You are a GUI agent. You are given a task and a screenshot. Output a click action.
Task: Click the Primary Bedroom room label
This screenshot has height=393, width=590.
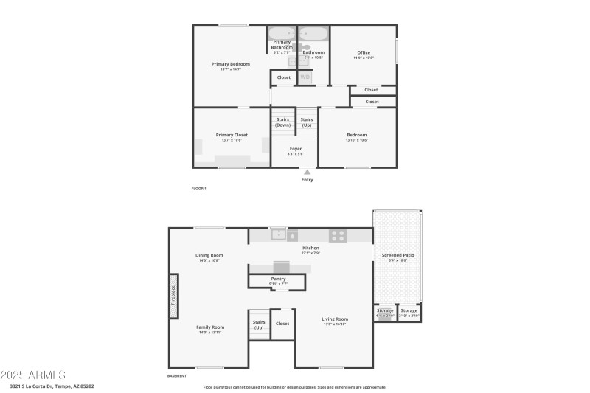pos(230,65)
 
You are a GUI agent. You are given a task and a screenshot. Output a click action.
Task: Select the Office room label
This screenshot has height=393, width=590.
pos(364,53)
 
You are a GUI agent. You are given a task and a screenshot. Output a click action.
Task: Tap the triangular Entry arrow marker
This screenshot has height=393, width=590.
pos(308,173)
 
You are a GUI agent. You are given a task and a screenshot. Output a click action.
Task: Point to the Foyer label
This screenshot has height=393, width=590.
pos(295,149)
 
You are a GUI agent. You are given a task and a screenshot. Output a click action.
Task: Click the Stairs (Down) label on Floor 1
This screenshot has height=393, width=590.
pos(282,122)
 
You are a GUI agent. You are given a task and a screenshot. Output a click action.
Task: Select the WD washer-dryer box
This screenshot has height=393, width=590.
pos(305,77)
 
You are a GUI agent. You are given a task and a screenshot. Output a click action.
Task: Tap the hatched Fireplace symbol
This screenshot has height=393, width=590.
pos(173,301)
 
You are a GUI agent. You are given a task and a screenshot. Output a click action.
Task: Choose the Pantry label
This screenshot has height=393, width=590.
pos(278,279)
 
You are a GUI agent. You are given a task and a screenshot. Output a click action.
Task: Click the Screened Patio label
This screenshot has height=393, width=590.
pos(398,256)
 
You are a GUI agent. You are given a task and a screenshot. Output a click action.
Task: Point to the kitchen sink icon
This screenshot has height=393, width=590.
pos(279,235)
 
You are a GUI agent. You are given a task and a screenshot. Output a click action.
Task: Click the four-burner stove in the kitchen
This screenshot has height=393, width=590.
pos(338,236)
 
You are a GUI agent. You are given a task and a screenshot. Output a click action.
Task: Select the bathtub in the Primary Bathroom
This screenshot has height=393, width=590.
pos(282,34)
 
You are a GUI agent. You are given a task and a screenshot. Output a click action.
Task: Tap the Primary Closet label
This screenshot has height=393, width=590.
pos(232,136)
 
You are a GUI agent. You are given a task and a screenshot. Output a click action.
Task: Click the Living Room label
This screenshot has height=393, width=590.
pos(335,319)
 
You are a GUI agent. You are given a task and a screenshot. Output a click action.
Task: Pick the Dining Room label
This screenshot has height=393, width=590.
pos(209,256)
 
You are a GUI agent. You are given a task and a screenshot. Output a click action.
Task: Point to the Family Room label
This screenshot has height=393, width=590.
pos(210,327)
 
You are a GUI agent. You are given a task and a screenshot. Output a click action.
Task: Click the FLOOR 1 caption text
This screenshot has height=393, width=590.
pos(199,189)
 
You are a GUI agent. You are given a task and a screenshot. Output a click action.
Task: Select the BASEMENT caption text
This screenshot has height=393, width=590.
pos(177,375)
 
